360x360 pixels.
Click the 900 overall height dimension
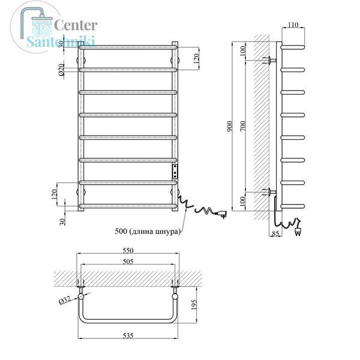(x=230, y=126)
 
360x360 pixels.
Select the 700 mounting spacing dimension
(x=243, y=126)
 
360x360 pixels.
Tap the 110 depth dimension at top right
(x=293, y=25)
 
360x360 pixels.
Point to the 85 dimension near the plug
(x=275, y=233)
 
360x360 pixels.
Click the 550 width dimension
(x=128, y=250)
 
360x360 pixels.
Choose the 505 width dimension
(x=128, y=261)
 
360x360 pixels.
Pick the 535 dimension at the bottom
(x=128, y=335)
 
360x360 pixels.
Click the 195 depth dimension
(x=194, y=305)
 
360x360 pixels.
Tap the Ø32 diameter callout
(x=65, y=301)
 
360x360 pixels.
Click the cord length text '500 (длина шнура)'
(x=148, y=231)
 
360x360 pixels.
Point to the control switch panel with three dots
(x=175, y=171)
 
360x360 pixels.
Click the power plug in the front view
(x=221, y=214)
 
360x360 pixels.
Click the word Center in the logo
(x=76, y=25)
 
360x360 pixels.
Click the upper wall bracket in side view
(x=269, y=61)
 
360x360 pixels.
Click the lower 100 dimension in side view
(x=243, y=202)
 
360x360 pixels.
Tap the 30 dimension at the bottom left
(x=62, y=221)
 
